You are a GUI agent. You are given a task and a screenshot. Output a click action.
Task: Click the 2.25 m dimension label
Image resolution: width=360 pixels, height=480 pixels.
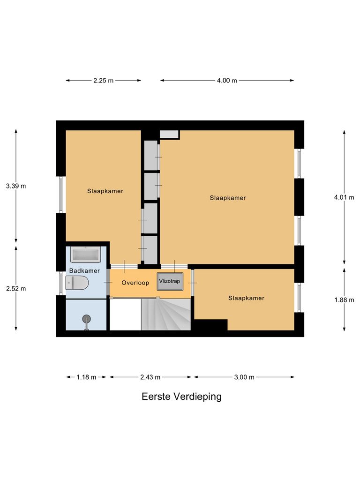point(104,81)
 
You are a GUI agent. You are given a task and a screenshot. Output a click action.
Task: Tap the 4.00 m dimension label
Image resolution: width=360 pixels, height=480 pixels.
point(227,81)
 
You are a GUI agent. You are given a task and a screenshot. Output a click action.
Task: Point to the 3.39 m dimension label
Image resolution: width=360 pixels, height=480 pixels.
point(16,186)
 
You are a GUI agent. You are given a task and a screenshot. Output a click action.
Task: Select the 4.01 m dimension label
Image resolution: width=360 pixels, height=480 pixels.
point(344,198)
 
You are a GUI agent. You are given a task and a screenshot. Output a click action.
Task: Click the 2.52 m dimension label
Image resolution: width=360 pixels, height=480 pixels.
point(16,288)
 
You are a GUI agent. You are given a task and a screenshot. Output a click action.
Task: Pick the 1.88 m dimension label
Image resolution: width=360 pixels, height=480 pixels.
point(345,300)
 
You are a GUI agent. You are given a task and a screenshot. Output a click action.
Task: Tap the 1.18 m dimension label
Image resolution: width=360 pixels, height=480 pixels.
point(87,377)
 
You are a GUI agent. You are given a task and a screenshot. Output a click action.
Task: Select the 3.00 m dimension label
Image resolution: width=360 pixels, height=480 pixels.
point(244,377)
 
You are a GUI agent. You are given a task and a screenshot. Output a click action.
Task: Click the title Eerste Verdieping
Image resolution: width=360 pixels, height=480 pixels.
point(181,397)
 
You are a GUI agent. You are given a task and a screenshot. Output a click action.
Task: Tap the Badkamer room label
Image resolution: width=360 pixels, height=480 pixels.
point(84,271)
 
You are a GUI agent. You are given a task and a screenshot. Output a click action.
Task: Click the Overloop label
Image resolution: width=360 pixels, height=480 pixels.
point(135,283)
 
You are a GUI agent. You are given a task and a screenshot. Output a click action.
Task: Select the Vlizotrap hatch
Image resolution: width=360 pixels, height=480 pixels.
point(169,282)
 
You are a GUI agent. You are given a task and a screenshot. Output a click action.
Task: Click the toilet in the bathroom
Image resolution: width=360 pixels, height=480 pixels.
point(77,283)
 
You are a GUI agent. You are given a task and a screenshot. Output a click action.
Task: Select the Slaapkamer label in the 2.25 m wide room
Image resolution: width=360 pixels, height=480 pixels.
point(105,191)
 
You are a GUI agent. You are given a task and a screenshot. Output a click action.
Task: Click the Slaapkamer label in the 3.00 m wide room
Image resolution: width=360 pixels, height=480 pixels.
point(246,298)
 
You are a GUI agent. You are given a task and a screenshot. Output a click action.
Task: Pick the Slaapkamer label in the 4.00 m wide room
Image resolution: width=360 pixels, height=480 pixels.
point(228,198)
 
